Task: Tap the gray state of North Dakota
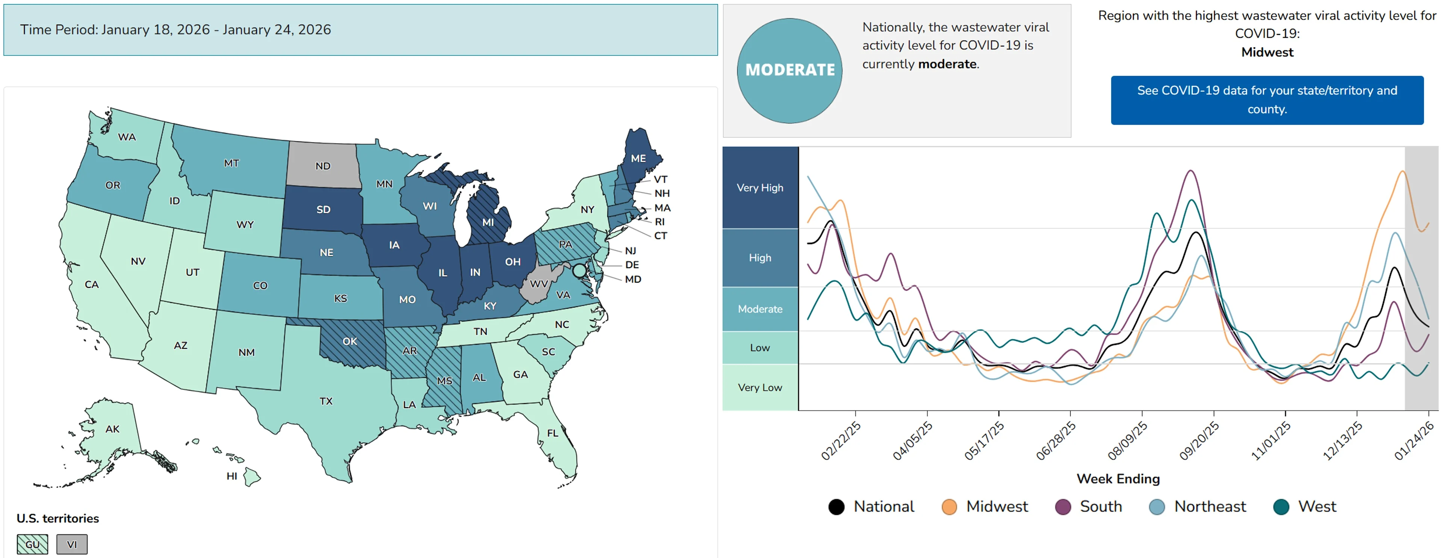click(x=323, y=166)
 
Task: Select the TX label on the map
click(x=326, y=401)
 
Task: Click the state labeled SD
click(x=323, y=210)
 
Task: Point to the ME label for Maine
click(x=638, y=159)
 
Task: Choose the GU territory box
click(x=32, y=544)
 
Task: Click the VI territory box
click(x=72, y=544)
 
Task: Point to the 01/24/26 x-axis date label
click(x=1413, y=442)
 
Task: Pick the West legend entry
click(x=1305, y=507)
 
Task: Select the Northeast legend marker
click(x=1157, y=507)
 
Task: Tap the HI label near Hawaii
click(x=232, y=476)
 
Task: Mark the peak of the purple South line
click(x=1190, y=171)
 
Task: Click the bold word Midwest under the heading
click(x=1267, y=52)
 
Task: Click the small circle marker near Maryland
click(x=579, y=271)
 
